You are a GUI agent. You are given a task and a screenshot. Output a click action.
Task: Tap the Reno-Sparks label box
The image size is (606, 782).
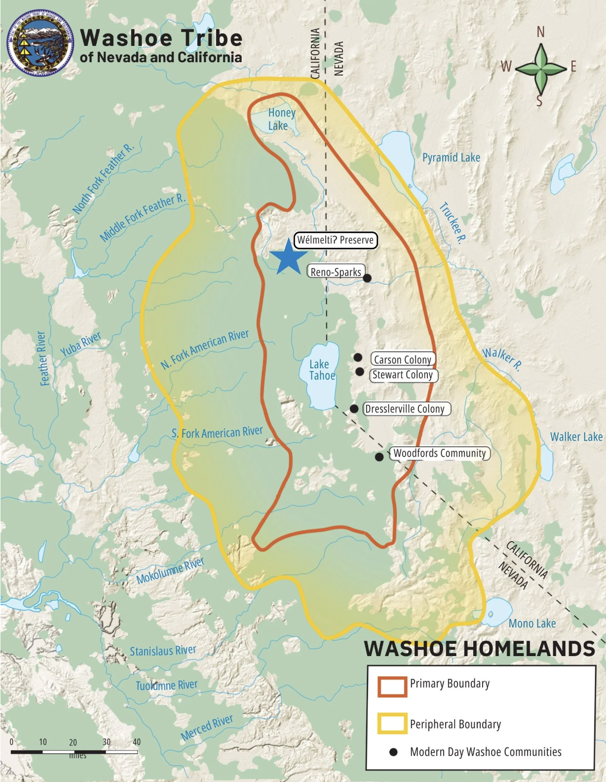[336, 272]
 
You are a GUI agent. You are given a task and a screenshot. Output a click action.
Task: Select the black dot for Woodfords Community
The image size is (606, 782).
[379, 457]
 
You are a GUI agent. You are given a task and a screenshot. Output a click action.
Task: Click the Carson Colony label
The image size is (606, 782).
[403, 360]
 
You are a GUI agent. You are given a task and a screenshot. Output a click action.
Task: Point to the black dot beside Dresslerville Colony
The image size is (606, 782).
[354, 409]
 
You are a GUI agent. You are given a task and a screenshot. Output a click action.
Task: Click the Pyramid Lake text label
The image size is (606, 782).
[451, 157]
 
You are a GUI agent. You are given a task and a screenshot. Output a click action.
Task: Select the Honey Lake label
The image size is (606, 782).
[281, 119]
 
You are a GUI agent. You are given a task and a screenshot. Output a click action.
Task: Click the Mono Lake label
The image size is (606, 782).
[532, 624]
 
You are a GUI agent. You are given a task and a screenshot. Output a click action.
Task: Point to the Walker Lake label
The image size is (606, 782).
[576, 437]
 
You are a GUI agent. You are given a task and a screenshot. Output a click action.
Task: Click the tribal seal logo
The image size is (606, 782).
[40, 44]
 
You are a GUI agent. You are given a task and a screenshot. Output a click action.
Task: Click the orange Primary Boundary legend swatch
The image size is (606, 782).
[392, 686]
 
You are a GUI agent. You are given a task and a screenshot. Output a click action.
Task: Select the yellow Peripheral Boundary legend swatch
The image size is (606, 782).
[392, 723]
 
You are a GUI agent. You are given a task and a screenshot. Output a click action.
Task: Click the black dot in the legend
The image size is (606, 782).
[393, 752]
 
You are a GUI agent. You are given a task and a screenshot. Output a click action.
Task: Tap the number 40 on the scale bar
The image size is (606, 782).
[137, 742]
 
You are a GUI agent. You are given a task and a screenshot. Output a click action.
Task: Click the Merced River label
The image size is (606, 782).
[206, 727]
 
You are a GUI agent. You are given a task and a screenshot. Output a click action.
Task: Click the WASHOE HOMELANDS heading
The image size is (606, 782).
[479, 649]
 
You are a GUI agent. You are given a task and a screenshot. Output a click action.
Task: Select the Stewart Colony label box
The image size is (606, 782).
[403, 375]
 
